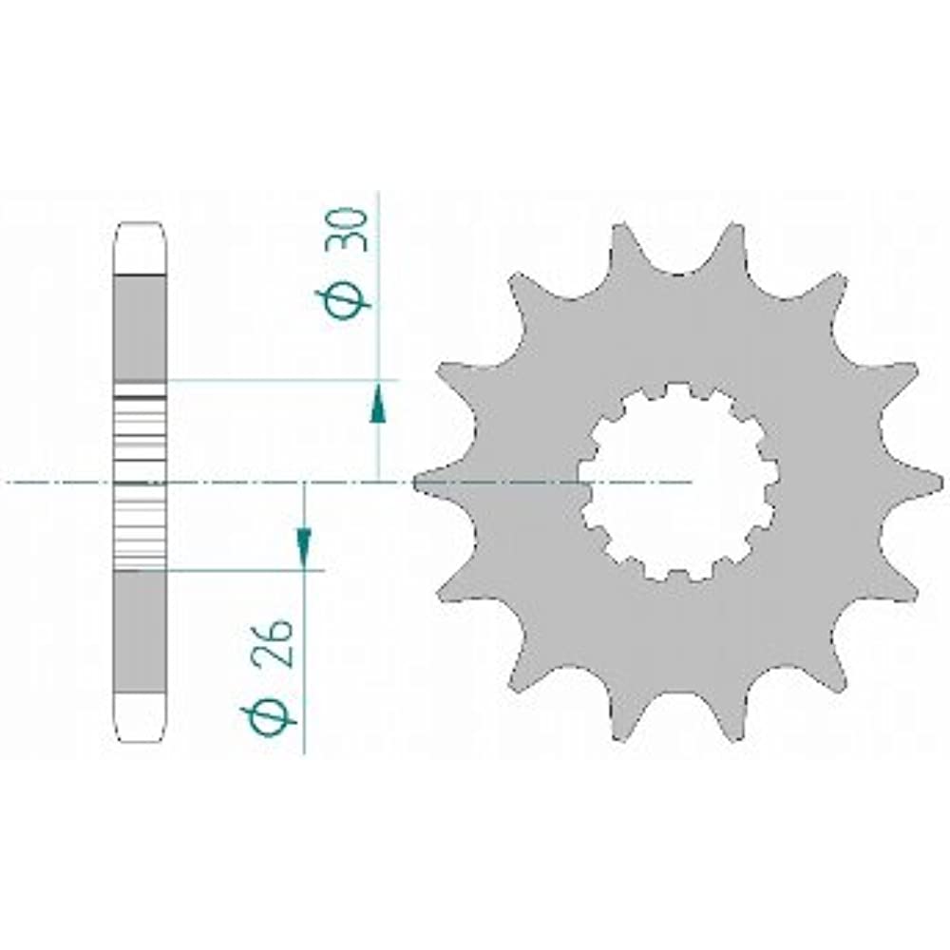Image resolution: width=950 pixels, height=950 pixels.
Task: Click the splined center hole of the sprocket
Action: click(x=677, y=483)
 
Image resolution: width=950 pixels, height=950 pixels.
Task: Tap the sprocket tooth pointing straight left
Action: click(x=443, y=483)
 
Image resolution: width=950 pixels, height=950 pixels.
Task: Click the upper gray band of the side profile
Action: click(x=140, y=328)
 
